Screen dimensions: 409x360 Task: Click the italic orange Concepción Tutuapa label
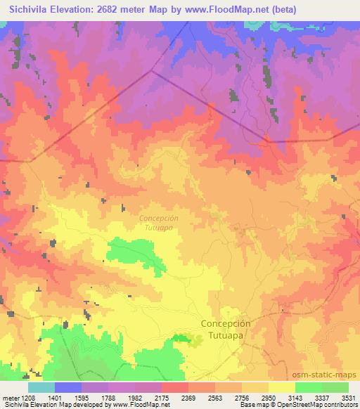pos(158,222)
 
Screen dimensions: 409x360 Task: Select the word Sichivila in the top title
pos(30,10)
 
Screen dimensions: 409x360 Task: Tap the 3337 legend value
pos(323,398)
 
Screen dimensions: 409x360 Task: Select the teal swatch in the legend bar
pos(41,387)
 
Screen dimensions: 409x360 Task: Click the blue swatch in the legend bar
pos(68,387)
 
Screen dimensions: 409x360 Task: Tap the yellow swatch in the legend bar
pos(282,387)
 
